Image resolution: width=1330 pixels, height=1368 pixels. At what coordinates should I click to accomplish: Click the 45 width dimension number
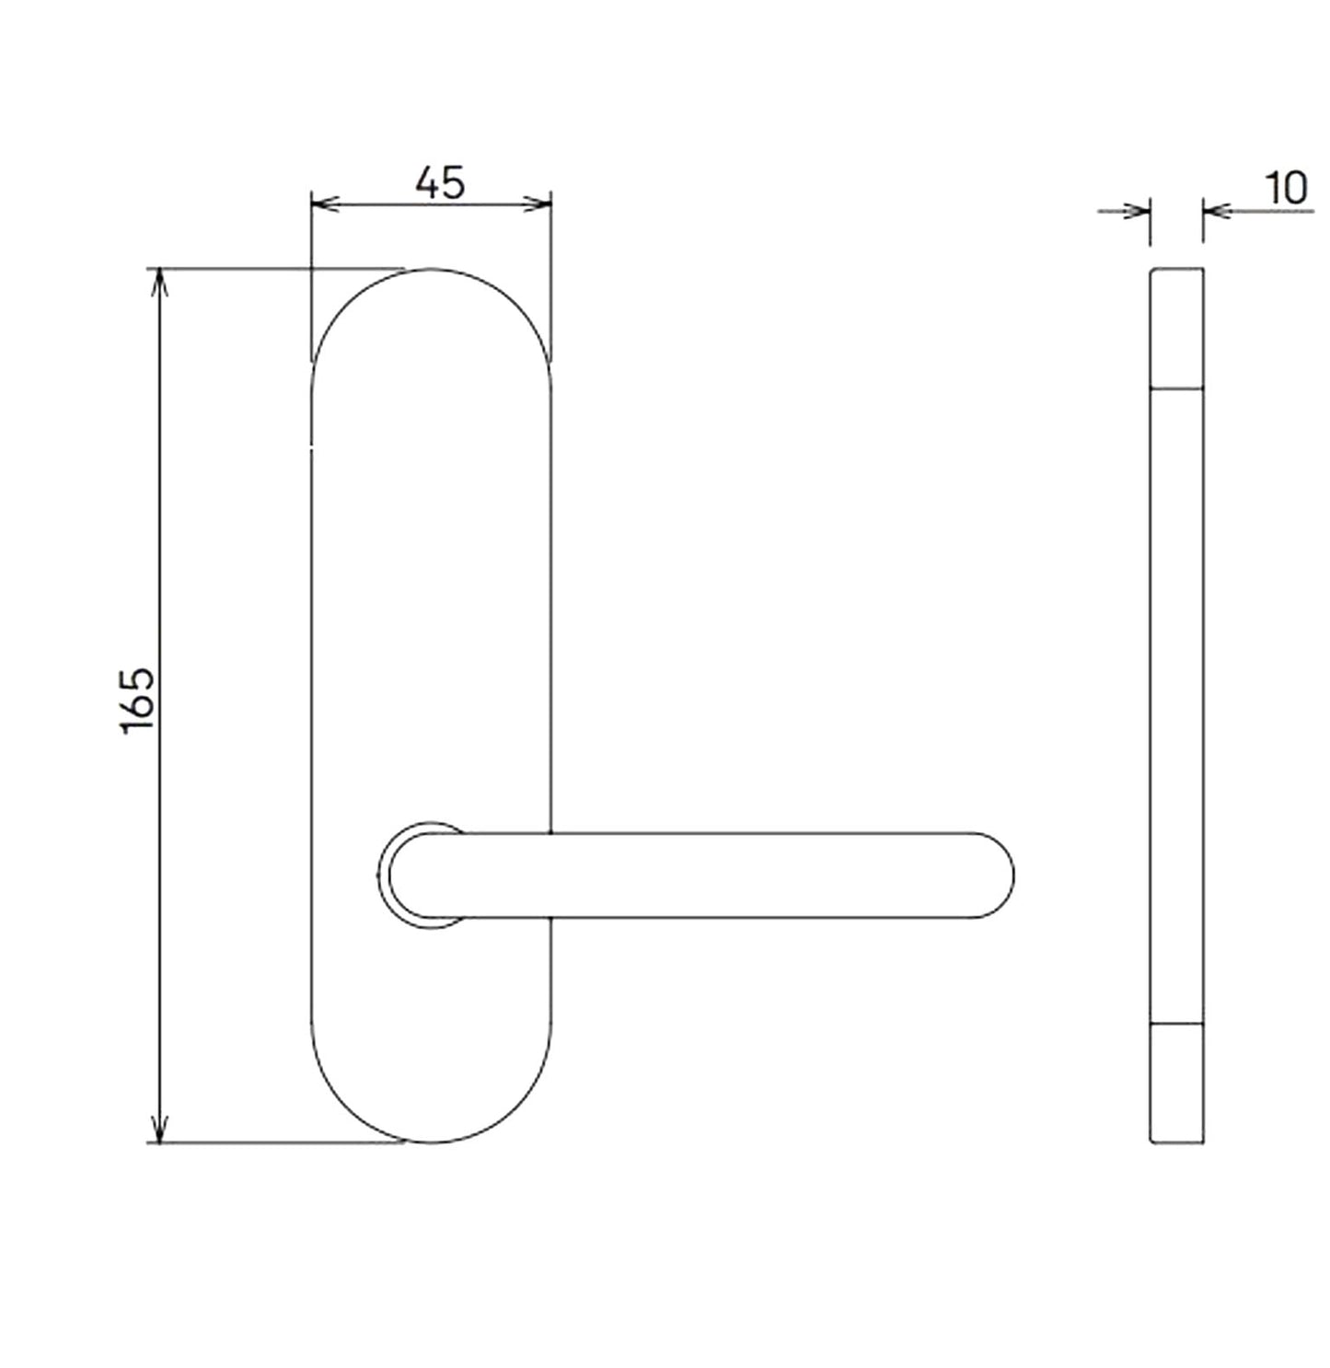pos(440,183)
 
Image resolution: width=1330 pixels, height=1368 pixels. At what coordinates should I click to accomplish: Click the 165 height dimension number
pos(138,701)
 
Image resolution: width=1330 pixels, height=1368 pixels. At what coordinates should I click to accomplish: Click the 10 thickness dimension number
pos(1286,188)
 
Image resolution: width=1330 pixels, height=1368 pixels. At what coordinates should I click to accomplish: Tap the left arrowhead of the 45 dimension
pos(325,204)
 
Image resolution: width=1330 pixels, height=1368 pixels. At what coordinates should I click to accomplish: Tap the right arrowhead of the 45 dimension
pos(538,204)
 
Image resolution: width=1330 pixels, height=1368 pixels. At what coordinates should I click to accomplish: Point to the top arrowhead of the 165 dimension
pos(161,283)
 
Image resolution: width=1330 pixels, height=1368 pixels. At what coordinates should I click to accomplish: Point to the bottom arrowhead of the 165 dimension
pos(161,1128)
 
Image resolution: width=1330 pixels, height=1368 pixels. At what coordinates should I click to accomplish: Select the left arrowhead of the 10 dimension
pos(1137,211)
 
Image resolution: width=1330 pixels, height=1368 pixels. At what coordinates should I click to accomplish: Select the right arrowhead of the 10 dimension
pos(1217,211)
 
